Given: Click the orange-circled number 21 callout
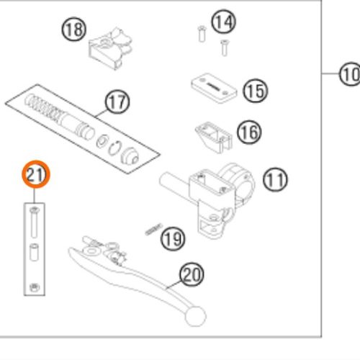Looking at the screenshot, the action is (36, 174).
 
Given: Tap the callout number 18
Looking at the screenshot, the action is (74, 29).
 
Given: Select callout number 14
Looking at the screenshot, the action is (224, 22).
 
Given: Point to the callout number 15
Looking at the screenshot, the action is (256, 91).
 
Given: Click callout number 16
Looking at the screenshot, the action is (249, 132).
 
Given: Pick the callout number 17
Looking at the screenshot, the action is (117, 102).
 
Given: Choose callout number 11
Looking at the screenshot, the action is (275, 179).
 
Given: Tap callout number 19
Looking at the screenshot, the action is (173, 239).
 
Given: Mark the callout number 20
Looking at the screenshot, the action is (192, 274).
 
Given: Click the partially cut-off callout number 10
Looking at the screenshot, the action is (350, 73).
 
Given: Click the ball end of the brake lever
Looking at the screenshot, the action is (196, 316).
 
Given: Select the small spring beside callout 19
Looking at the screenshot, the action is (153, 229).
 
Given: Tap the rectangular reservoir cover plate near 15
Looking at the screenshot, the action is (214, 88).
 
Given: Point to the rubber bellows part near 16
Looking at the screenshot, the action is (214, 137).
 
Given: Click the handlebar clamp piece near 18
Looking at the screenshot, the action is (110, 48).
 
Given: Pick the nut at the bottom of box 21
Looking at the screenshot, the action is (35, 287).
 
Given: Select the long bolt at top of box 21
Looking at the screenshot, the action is (35, 222).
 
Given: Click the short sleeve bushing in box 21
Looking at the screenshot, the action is (35, 252).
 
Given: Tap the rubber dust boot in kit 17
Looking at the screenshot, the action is (130, 156).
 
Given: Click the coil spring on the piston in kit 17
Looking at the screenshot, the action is (43, 106).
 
